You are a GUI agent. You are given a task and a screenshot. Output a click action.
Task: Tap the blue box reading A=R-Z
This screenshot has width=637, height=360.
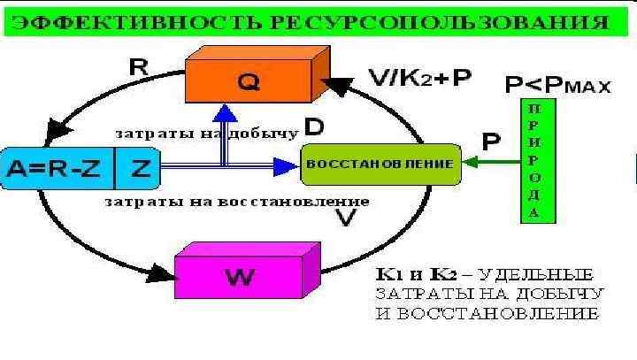[x=58, y=167]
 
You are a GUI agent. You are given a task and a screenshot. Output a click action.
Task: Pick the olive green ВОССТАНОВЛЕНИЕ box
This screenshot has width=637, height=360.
[x=380, y=165]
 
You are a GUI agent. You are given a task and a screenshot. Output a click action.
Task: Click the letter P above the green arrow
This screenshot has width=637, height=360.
[x=488, y=141]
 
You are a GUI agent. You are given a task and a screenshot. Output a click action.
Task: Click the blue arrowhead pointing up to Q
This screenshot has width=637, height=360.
[x=226, y=113]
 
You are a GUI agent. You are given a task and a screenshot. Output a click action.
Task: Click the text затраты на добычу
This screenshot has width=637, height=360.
[x=206, y=134]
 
